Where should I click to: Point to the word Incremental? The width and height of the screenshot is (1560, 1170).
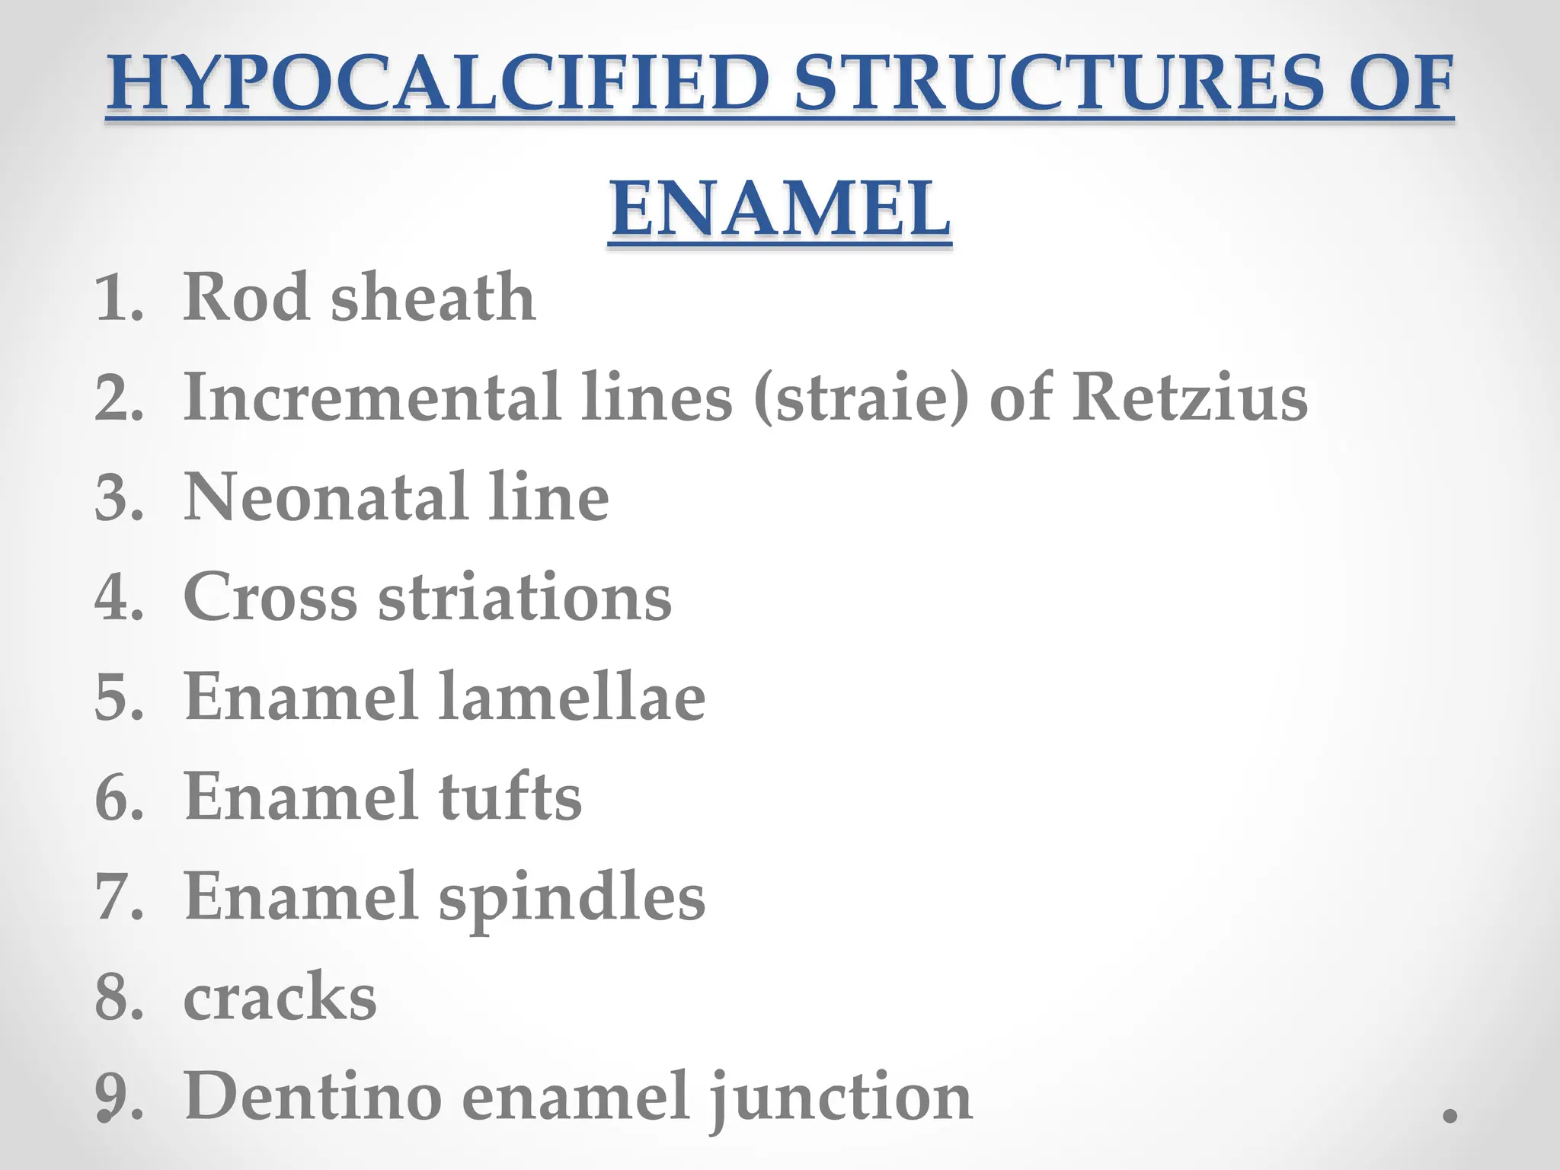pos(373,397)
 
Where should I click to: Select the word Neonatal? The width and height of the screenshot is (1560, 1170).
pos(326,497)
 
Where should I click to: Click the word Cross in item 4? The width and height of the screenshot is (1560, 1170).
pos(270,597)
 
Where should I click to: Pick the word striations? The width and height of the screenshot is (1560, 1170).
pos(525,597)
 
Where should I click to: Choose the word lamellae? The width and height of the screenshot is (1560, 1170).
pos(572,697)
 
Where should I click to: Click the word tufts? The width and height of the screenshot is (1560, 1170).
pos(510,797)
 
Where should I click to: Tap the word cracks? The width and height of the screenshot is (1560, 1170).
pos(280,997)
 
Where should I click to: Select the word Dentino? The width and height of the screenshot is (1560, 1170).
pos(313,1097)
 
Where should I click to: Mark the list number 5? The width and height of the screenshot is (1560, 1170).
pos(117,698)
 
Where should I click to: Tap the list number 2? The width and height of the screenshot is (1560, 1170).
pos(117,398)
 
